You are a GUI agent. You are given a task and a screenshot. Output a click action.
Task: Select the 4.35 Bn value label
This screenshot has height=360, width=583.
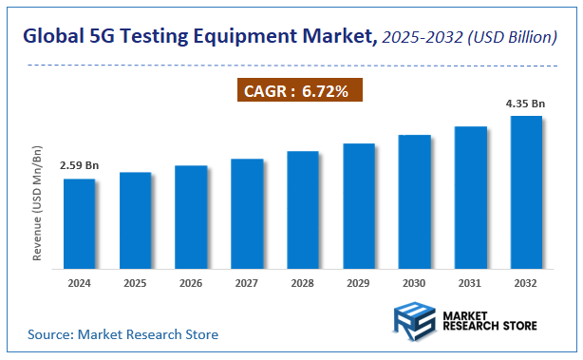tap(525, 104)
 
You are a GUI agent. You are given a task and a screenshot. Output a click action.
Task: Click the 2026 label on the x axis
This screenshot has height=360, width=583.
tap(191, 283)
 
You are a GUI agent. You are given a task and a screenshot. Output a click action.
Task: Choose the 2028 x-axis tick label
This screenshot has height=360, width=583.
tap(302, 283)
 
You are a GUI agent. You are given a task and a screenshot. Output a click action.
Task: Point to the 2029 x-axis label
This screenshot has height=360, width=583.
tap(358, 283)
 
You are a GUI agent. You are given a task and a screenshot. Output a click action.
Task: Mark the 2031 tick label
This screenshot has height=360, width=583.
tap(470, 283)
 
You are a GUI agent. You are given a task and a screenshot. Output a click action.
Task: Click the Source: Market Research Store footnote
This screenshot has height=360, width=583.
tap(122, 334)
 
